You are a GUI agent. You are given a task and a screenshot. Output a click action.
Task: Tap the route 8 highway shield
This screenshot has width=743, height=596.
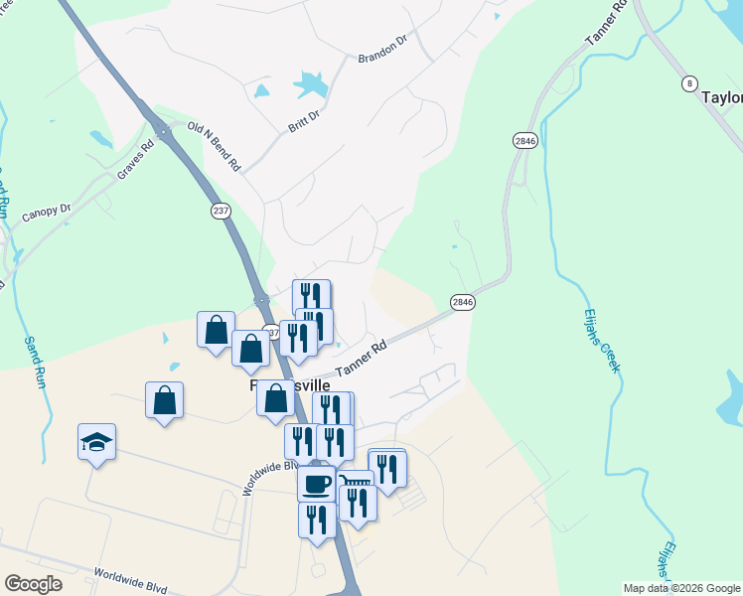pyautogui.click(x=688, y=84)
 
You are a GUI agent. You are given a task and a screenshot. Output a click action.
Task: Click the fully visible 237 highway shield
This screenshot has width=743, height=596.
pyautogui.click(x=220, y=211)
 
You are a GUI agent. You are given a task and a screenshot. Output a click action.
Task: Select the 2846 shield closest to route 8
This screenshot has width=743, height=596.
pyautogui.click(x=525, y=142)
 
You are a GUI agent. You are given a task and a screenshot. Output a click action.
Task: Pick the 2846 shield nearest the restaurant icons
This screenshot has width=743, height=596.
pyautogui.click(x=462, y=302)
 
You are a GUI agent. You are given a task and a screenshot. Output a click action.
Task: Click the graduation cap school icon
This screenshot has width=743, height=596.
pyautogui.click(x=97, y=442)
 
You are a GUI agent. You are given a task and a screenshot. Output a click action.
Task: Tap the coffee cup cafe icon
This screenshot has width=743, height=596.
pyautogui.click(x=316, y=484)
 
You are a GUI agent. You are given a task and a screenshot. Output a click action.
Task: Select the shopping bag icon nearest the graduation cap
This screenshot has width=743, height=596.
pyautogui.click(x=164, y=401)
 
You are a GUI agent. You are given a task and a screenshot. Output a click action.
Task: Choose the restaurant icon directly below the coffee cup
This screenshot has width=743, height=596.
pyautogui.click(x=317, y=520)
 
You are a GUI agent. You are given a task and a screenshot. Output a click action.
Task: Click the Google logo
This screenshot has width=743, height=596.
pyautogui.click(x=33, y=584)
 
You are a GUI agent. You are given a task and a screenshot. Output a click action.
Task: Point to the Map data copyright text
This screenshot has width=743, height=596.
pyautogui.click(x=681, y=588)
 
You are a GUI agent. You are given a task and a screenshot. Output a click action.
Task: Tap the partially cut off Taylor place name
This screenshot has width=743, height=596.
pyautogui.click(x=721, y=97)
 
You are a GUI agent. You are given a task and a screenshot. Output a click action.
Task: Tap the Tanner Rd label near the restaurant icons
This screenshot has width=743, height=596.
pyautogui.click(x=361, y=360)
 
